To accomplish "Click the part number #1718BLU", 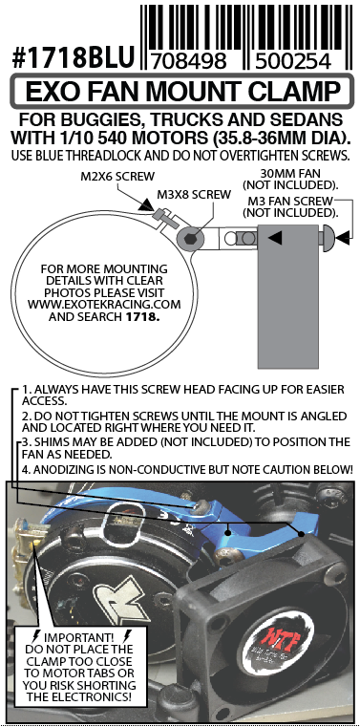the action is pyautogui.click(x=74, y=58).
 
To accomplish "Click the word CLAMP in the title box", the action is pyautogui.click(x=294, y=92).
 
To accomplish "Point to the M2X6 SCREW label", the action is pyautogui.click(x=117, y=177).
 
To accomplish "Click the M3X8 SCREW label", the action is pyautogui.click(x=194, y=194).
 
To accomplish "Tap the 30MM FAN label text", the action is pyautogui.click(x=290, y=174).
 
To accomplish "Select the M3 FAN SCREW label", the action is pyautogui.click(x=290, y=202).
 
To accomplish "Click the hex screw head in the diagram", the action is pyautogui.click(x=189, y=239).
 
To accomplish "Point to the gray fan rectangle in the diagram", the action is pyautogui.click(x=287, y=295).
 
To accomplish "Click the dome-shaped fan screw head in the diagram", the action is pyautogui.click(x=328, y=238).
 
